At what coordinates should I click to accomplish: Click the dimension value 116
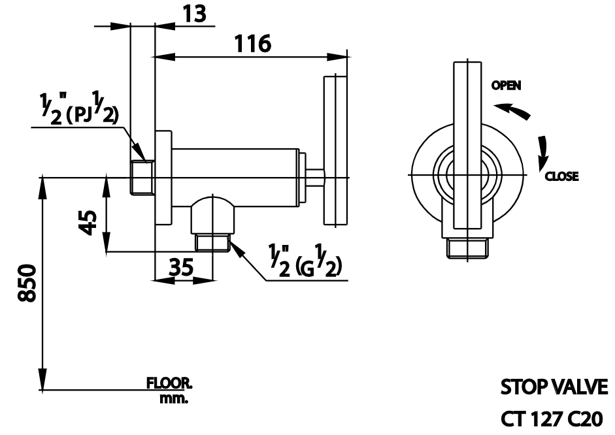[253, 44]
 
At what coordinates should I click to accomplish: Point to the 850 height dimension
[25, 282]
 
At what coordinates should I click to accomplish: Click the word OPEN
[507, 86]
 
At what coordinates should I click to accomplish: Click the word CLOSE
[561, 177]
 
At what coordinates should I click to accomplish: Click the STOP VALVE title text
[554, 387]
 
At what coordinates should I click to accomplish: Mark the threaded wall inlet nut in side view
[141, 177]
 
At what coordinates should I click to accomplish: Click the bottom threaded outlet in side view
[212, 244]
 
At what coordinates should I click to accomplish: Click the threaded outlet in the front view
[467, 248]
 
